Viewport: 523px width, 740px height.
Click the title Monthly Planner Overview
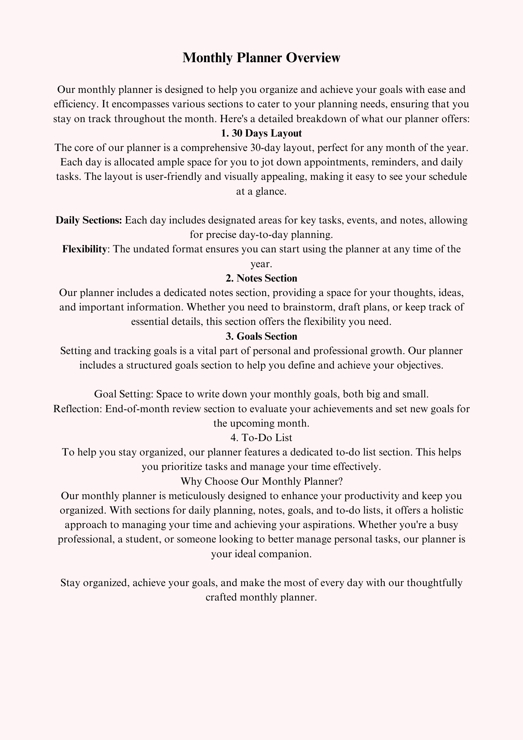[x=261, y=58]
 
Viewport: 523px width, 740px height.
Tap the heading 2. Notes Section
[x=261, y=278]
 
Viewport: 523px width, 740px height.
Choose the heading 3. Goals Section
[x=261, y=336]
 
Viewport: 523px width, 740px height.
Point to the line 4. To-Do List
[x=261, y=437]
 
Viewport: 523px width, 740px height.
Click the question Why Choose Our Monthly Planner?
[x=261, y=481]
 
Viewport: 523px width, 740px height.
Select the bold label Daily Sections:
[x=89, y=220]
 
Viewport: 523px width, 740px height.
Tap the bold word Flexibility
[x=84, y=249]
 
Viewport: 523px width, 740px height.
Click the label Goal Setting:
[x=124, y=394]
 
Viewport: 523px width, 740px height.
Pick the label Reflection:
[x=78, y=409]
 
